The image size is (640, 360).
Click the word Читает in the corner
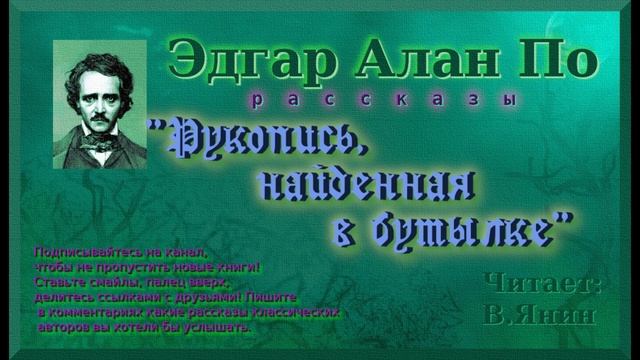542,283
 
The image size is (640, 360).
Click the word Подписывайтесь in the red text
83,251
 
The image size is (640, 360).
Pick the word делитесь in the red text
62,297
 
